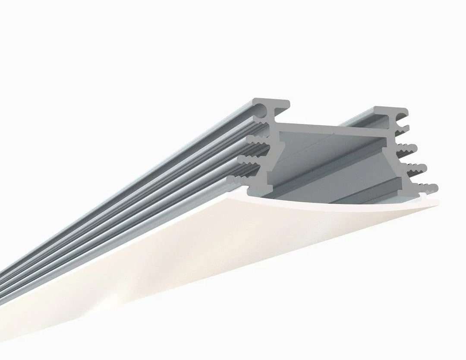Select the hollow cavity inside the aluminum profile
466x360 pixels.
pos(337,168)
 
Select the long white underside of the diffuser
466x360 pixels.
pos(173,268)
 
